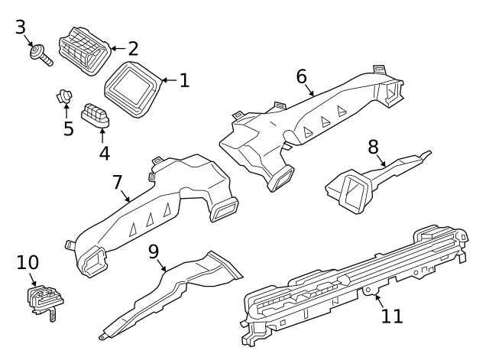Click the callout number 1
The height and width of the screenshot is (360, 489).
pyautogui.click(x=183, y=80)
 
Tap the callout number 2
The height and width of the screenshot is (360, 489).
pyautogui.click(x=133, y=49)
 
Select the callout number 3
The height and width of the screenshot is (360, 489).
pyautogui.click(x=21, y=28)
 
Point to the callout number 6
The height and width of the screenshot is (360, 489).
pyautogui.click(x=301, y=76)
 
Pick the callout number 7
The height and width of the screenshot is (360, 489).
pyautogui.click(x=117, y=183)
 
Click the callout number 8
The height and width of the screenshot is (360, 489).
pyautogui.click(x=373, y=145)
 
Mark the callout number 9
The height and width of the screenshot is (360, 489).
pyautogui.click(x=153, y=251)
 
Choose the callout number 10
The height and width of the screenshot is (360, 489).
pyautogui.click(x=27, y=263)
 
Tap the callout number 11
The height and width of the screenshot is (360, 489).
pyautogui.click(x=391, y=315)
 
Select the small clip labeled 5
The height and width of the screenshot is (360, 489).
pyautogui.click(x=64, y=97)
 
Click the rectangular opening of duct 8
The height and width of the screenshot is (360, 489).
pyautogui.click(x=350, y=191)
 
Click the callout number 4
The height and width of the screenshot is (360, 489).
pyautogui.click(x=104, y=153)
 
